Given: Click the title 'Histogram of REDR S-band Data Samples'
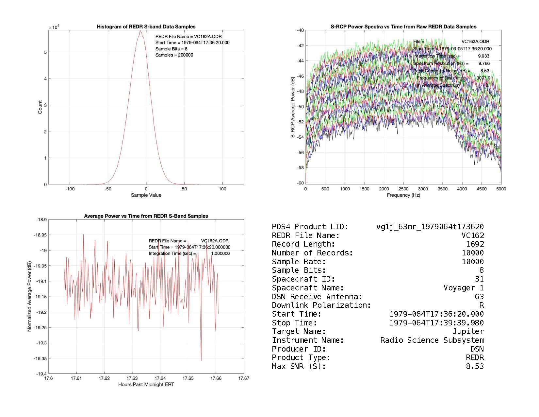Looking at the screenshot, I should pos(146,27).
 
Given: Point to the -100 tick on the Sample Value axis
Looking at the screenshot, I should pos(70,189).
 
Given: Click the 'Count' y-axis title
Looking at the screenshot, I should pos(40,107).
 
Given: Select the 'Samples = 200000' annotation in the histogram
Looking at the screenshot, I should pos(174,55).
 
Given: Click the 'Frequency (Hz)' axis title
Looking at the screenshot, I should pos(403,195).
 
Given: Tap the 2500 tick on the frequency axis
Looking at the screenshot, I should pos(403,189).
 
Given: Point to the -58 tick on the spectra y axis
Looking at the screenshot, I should pos(300,168).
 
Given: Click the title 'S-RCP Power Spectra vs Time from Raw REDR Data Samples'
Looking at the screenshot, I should pos(403,27).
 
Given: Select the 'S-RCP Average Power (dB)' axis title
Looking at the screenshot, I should pos(293,107).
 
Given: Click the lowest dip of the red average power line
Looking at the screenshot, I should pos(201,360).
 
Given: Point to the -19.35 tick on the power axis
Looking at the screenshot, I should pos(40,358).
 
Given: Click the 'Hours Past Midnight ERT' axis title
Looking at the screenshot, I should pos(146,385).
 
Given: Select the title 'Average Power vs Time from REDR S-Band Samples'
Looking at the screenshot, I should pos(146,216).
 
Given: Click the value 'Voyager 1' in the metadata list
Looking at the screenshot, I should pos(464,288).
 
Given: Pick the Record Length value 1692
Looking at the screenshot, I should pos(475,244).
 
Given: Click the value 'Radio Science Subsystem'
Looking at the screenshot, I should pos(432,340).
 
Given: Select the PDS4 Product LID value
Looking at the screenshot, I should pos(430,227).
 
